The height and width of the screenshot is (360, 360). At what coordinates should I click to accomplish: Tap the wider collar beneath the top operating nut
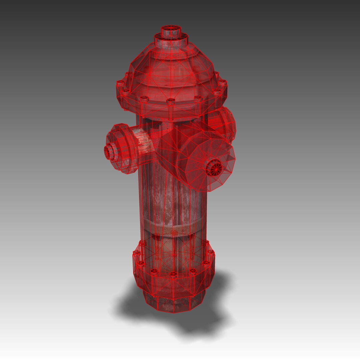click(x=171, y=42)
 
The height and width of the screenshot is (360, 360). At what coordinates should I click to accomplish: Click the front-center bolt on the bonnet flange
click(x=171, y=101)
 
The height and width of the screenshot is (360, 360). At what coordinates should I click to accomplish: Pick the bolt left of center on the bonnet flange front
click(x=144, y=99)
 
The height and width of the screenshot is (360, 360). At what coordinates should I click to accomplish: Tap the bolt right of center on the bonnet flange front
click(x=198, y=99)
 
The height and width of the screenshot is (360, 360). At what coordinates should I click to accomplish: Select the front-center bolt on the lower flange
click(x=173, y=274)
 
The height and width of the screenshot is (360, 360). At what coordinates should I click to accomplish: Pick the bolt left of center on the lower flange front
click(x=154, y=272)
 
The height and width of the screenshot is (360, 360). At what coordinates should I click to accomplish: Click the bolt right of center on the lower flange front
click(x=192, y=272)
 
